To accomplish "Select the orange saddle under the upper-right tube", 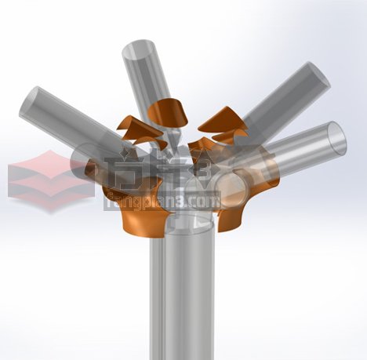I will [x=222, y=120].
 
